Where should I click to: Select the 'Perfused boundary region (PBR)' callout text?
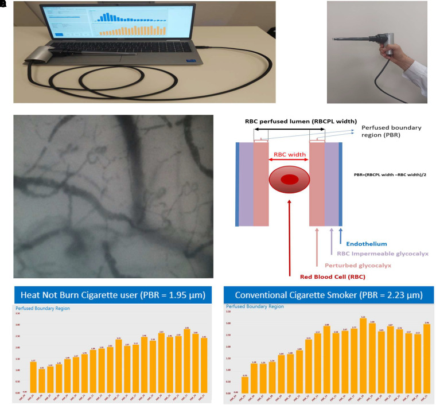tap(388, 133)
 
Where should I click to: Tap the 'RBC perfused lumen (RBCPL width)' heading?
tap(297, 121)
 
